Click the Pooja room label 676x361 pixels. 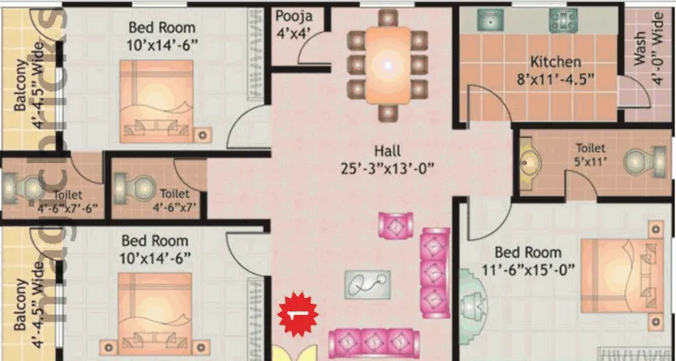tap(294, 17)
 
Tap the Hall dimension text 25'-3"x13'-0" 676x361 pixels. tap(387, 168)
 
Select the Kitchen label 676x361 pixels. tap(555, 62)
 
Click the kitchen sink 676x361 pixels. tap(490, 20)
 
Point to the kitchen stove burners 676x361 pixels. tap(563, 20)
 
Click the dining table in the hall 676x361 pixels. tap(388, 65)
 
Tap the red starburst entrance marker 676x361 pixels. tap(298, 314)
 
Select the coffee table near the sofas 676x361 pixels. tap(367, 284)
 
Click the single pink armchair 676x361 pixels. tap(395, 225)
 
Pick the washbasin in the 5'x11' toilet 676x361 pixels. tap(530, 164)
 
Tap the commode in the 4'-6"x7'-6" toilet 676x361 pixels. tap(22, 189)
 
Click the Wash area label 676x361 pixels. tap(640, 48)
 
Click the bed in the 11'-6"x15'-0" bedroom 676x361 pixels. tap(621, 276)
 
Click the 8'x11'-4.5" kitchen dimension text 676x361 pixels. tap(556, 80)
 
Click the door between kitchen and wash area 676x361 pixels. tap(635, 92)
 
